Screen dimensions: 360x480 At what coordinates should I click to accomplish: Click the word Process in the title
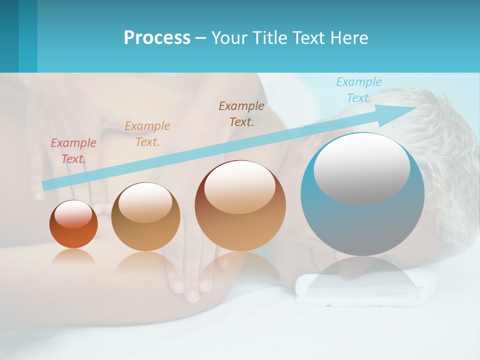(157, 38)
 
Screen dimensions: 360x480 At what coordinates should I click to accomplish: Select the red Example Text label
(73, 151)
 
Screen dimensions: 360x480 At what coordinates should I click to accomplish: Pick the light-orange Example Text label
(147, 134)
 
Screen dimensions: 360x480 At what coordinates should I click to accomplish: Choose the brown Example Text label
(241, 113)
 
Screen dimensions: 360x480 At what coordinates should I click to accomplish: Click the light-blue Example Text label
(359, 90)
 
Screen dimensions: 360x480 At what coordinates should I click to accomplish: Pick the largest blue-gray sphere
(362, 220)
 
